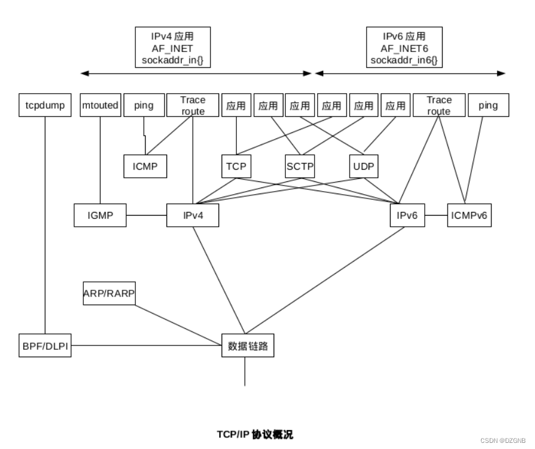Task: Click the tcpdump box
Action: pos(45,105)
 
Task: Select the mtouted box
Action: pos(100,105)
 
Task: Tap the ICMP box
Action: pos(144,166)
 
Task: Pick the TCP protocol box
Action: pos(236,166)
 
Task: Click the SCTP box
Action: pos(299,166)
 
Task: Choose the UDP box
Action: pos(363,166)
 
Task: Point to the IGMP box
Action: pos(100,215)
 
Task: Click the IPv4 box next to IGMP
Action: pos(192,215)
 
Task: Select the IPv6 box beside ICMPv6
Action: pos(407,215)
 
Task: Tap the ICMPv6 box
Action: pos(470,215)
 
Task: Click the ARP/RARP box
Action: pos(109,293)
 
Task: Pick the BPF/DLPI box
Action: pos(45,345)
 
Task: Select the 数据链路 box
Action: pos(247,345)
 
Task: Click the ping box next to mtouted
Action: pos(144,105)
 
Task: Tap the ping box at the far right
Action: pos(488,105)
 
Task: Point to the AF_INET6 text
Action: pos(403,48)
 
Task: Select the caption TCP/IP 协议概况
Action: pos(255,434)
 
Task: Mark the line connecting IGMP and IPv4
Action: pos(146,215)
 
